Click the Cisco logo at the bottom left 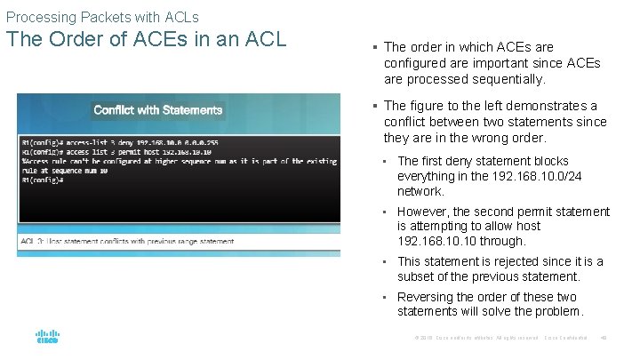(x=47, y=338)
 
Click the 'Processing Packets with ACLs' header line (x=101, y=17)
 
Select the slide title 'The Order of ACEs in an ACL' (x=146, y=41)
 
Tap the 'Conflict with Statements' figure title (x=157, y=110)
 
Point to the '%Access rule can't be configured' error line (x=178, y=161)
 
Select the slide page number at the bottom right (x=604, y=339)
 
